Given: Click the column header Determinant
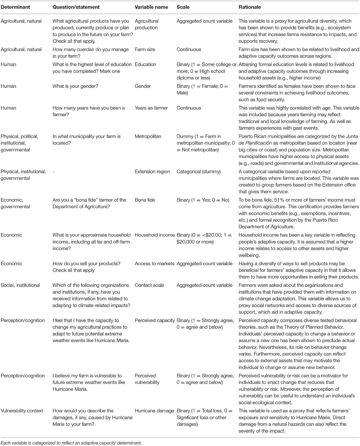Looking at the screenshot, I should tap(15, 7).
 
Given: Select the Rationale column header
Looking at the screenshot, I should tap(250, 7).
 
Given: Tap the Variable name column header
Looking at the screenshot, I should tap(151, 7).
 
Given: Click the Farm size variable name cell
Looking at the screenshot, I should tap(145, 49).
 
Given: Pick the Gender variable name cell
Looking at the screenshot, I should tap(142, 86).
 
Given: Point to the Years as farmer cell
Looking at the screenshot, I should tap(151, 108).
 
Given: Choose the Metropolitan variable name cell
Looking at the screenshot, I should tap(148, 136).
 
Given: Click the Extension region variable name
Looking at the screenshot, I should tap(152, 172).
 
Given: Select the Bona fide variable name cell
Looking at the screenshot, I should tap(145, 200).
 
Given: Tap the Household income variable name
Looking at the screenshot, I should tap(154, 235).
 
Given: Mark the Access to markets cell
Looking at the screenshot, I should tap(154, 264).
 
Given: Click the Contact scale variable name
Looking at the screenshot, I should tap(149, 285).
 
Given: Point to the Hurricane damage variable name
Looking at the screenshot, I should tap(154, 411).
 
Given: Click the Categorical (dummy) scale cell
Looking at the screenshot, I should tap(199, 172).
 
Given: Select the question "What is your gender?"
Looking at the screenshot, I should tap(75, 86).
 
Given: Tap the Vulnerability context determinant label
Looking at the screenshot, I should tap(22, 411).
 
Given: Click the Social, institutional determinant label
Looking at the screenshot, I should tap(20, 285).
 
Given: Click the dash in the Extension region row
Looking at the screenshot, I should tap(54, 172).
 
